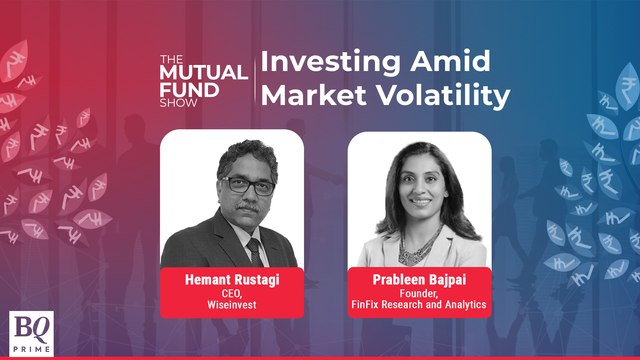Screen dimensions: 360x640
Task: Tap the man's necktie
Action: coord(254,250)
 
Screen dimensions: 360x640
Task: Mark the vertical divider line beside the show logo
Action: coord(256,80)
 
